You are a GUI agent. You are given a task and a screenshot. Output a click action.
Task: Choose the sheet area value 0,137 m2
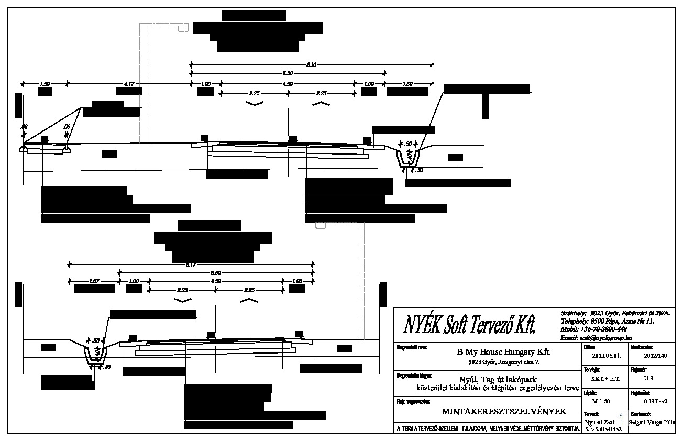649,402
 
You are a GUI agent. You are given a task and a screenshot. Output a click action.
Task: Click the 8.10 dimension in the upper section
311,65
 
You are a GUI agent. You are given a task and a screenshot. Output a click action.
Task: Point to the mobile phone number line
593,329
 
